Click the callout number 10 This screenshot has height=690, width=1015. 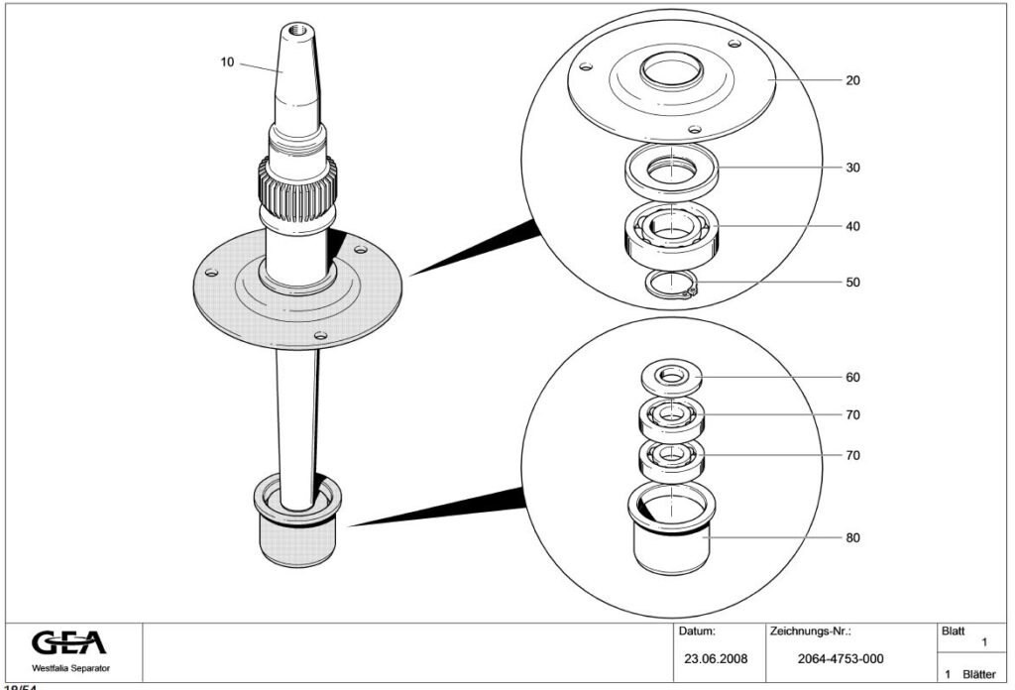tap(227, 62)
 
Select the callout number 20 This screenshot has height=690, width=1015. tap(852, 80)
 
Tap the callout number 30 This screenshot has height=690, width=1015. tap(852, 168)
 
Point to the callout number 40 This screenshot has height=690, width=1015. tap(852, 226)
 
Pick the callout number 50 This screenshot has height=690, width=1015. tap(852, 283)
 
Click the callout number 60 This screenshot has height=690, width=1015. tap(852, 378)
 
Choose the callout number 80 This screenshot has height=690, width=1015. tap(852, 538)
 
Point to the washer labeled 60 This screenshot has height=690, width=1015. tap(671, 377)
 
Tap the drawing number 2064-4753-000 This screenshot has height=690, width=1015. tap(841, 658)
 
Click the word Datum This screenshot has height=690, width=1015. tap(696, 631)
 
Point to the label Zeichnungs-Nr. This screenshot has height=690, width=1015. tap(810, 631)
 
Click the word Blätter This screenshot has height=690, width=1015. tap(978, 673)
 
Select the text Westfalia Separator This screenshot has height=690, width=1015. tap(70, 668)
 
